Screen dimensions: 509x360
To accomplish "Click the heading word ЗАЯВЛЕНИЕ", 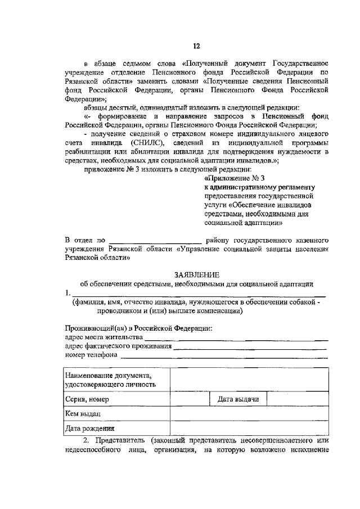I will point(196,275).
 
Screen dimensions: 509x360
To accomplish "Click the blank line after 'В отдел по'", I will point(154,243).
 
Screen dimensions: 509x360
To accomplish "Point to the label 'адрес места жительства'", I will point(103,337).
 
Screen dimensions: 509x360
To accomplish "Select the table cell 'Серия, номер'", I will point(86,399).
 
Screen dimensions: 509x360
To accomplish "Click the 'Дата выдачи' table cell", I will point(238,399).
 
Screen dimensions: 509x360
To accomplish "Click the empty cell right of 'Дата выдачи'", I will point(298,399).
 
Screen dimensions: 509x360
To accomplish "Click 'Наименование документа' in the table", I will point(107,375).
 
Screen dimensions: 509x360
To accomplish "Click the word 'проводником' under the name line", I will point(119,310).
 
